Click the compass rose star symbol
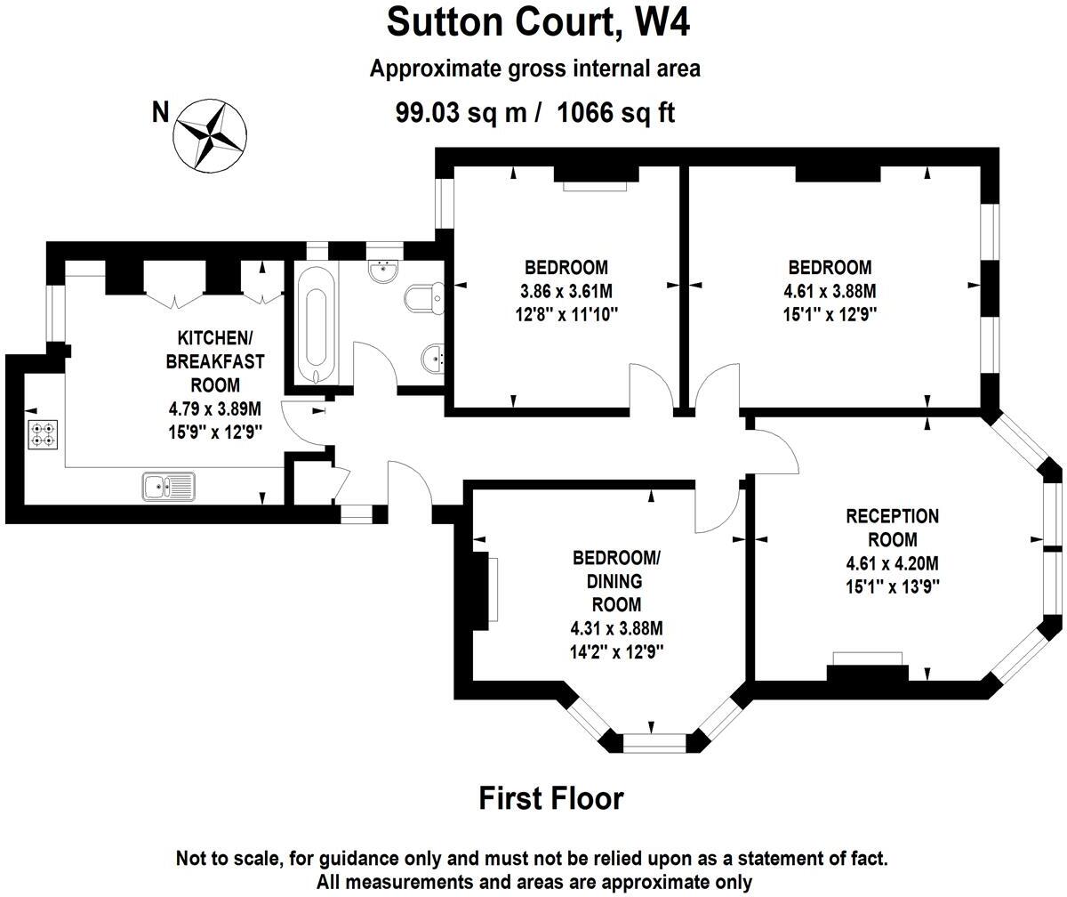click(210, 135)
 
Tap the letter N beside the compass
click(160, 112)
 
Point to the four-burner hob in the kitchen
click(43, 434)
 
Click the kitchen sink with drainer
click(169, 487)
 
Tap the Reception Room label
click(892, 528)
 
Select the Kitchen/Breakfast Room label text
click(214, 361)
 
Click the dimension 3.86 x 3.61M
click(566, 292)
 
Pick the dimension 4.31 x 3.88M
click(617, 628)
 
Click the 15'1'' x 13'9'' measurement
click(893, 586)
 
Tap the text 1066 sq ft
click(616, 112)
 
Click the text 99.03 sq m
click(461, 112)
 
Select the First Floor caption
click(551, 798)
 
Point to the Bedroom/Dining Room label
click(617, 581)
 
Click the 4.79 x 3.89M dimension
click(214, 408)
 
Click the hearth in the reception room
click(867, 659)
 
